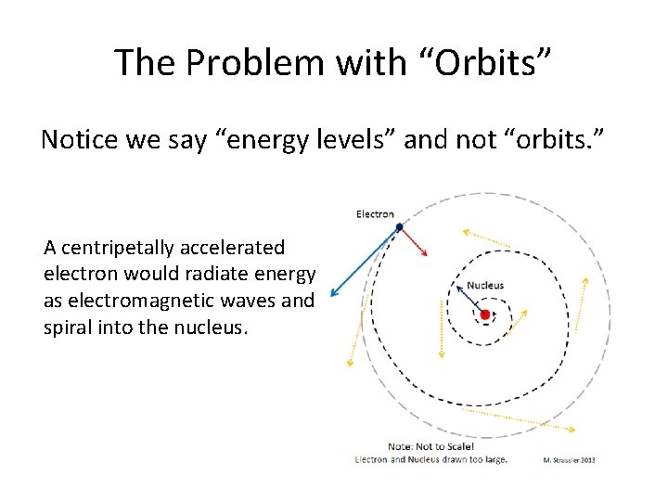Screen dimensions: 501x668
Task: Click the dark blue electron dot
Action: tap(399, 226)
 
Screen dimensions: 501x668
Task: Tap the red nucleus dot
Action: tap(484, 315)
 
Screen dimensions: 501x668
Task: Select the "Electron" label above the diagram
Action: tap(375, 214)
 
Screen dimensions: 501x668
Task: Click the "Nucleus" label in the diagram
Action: tap(485, 285)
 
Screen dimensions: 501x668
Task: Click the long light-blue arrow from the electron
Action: tap(365, 261)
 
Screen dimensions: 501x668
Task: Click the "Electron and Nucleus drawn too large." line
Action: tap(431, 460)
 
